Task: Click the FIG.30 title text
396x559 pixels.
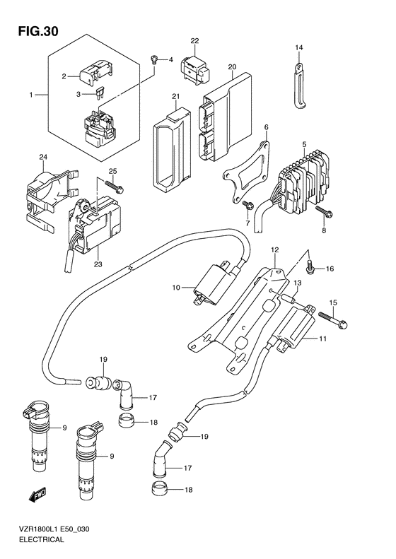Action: pyautogui.click(x=37, y=32)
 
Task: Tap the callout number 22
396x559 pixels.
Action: pyautogui.click(x=194, y=41)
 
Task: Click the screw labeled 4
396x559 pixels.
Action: pyautogui.click(x=154, y=59)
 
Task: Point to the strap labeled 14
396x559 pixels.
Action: pyautogui.click(x=300, y=85)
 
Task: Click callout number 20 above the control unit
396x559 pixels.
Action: pyautogui.click(x=232, y=66)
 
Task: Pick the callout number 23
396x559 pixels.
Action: pyautogui.click(x=98, y=264)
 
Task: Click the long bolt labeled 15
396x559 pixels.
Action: pyautogui.click(x=332, y=319)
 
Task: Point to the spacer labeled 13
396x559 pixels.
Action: pyautogui.click(x=288, y=298)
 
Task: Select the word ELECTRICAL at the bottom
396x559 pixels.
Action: pyautogui.click(x=41, y=540)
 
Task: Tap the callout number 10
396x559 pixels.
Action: pyautogui.click(x=177, y=287)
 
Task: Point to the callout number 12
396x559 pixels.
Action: pyautogui.click(x=274, y=250)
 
